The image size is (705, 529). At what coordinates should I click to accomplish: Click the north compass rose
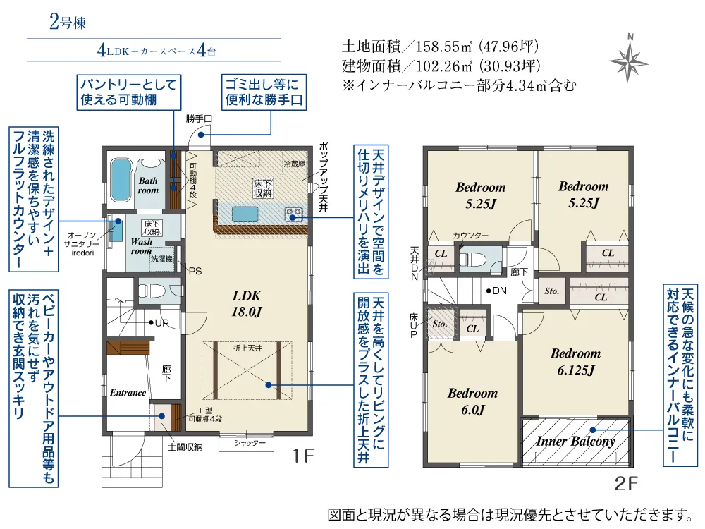[x=629, y=57]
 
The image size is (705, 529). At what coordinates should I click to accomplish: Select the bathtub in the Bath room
[x=120, y=181]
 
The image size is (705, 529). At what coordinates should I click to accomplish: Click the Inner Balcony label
[x=575, y=442]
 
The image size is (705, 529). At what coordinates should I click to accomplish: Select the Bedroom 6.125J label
[x=575, y=361]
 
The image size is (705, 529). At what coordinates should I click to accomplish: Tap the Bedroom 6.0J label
[x=472, y=401]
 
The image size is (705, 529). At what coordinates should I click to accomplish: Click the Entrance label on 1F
[x=128, y=393]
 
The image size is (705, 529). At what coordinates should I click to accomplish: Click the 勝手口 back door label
[x=198, y=119]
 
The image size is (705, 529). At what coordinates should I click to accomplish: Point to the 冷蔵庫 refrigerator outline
[x=295, y=164]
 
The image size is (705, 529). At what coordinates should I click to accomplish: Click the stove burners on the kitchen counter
[x=294, y=212]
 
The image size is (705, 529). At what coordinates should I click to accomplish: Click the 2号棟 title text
[x=68, y=22]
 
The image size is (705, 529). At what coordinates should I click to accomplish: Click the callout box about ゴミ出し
[x=263, y=92]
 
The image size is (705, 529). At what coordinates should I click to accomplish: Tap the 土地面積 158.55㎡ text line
[x=441, y=48]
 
